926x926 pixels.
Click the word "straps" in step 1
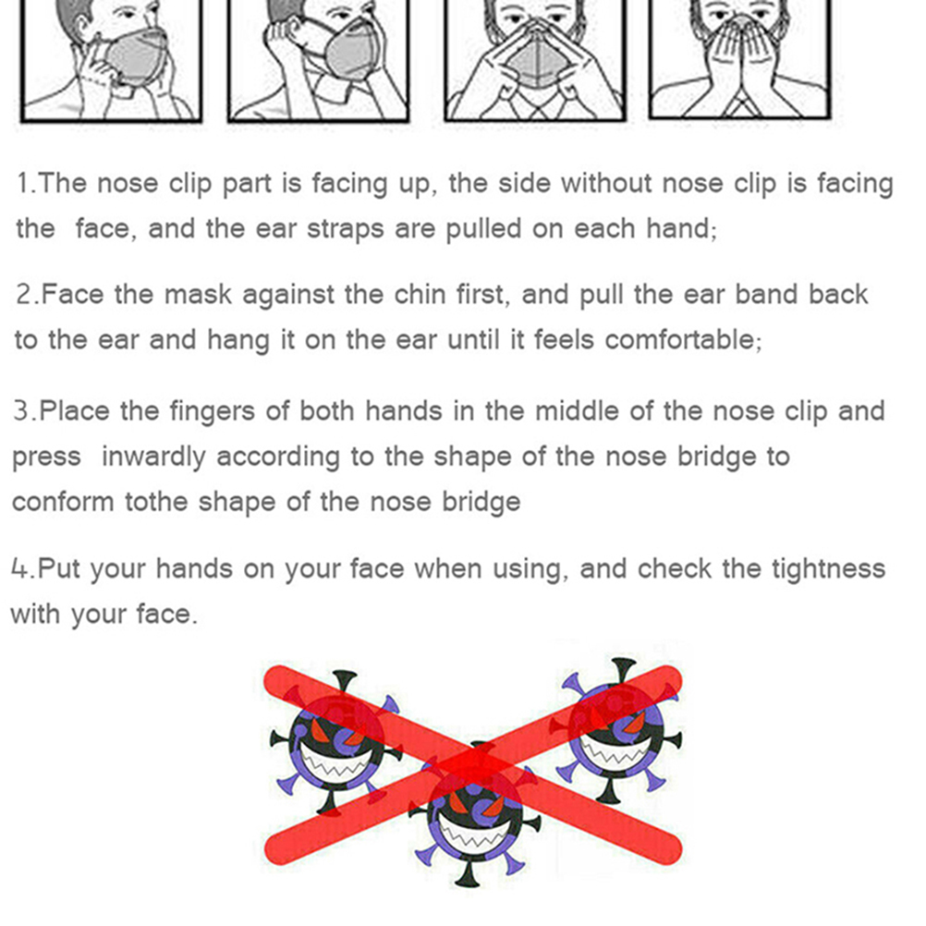coord(345,229)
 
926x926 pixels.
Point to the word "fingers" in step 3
coord(212,411)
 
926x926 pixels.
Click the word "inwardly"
coord(153,457)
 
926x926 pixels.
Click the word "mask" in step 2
coord(199,294)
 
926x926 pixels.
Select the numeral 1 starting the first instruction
coord(23,184)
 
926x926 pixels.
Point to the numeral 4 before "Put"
coord(19,568)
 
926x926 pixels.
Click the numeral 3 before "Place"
coord(20,411)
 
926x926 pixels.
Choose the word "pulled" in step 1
coord(483,229)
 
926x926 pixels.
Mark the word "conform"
coord(63,502)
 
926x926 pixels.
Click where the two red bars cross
coord(473,765)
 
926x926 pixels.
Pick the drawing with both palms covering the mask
coord(739,60)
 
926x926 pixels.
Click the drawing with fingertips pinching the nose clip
coord(534,60)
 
